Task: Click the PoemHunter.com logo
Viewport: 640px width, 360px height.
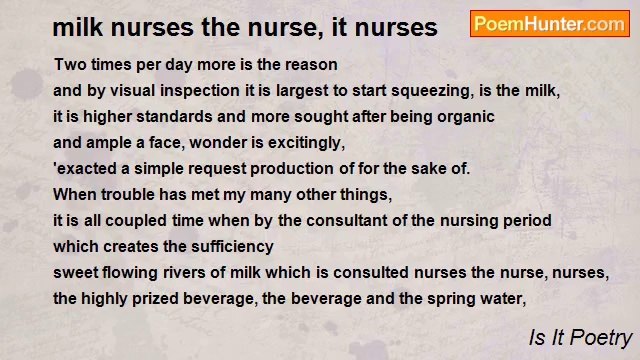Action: (549, 23)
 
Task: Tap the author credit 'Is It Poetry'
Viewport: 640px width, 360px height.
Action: (580, 338)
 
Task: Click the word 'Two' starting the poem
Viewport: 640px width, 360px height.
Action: (68, 65)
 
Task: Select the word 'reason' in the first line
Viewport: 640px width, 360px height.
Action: (312, 65)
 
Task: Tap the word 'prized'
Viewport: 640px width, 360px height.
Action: (150, 299)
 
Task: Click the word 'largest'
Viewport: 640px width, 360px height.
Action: (288, 91)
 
